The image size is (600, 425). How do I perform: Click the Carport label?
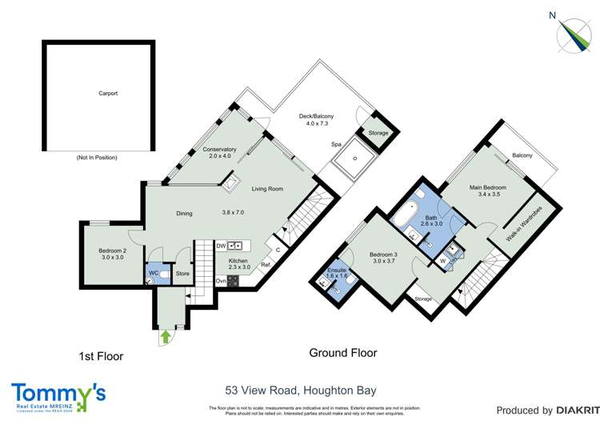[x=108, y=94]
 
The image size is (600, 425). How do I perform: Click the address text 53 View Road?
[x=300, y=391]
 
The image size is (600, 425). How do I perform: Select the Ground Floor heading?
[x=343, y=353]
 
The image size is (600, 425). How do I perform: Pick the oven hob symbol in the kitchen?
[x=234, y=281]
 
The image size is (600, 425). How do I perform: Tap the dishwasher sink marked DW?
[x=236, y=246]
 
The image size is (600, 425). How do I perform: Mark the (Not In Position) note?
[x=98, y=158]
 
